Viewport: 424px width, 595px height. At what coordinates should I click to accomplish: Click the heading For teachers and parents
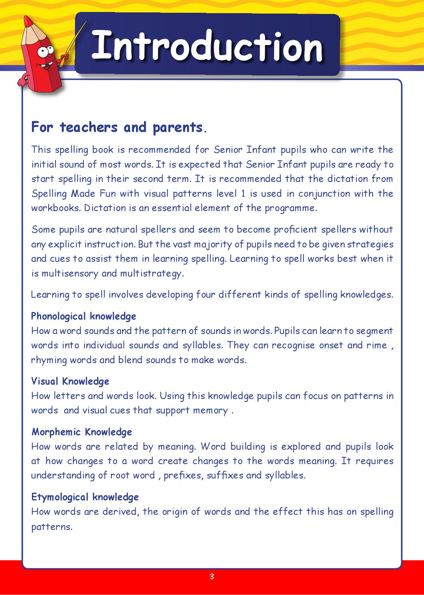pyautogui.click(x=117, y=127)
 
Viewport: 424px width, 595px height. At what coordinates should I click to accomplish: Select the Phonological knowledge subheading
pyautogui.click(x=83, y=316)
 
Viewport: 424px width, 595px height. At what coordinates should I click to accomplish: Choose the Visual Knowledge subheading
pyautogui.click(x=70, y=382)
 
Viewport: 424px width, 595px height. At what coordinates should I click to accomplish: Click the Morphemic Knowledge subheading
pyautogui.click(x=81, y=432)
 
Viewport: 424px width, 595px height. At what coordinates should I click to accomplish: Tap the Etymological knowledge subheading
pyautogui.click(x=85, y=497)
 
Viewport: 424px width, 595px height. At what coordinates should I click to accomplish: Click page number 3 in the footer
pyautogui.click(x=212, y=576)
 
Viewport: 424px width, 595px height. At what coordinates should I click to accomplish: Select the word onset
pyautogui.click(x=331, y=345)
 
